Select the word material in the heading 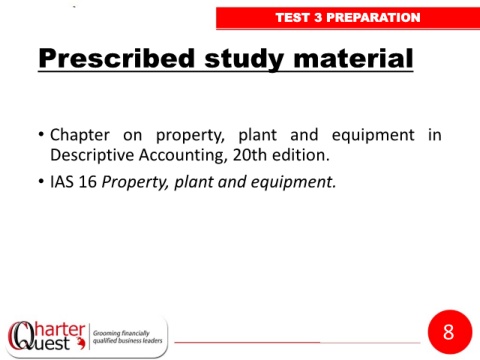(x=353, y=58)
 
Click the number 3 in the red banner (x=318, y=17)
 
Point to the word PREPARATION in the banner (x=373, y=17)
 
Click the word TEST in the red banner (x=293, y=17)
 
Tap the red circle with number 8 (x=450, y=332)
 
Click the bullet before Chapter (x=41, y=135)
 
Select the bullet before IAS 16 (x=41, y=182)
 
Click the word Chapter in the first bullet (x=80, y=135)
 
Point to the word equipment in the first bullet (x=373, y=136)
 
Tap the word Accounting (x=183, y=156)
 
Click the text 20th (x=250, y=155)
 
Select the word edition (x=301, y=155)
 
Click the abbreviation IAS (x=62, y=182)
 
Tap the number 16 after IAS (x=88, y=182)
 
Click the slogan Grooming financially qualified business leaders (x=127, y=337)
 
